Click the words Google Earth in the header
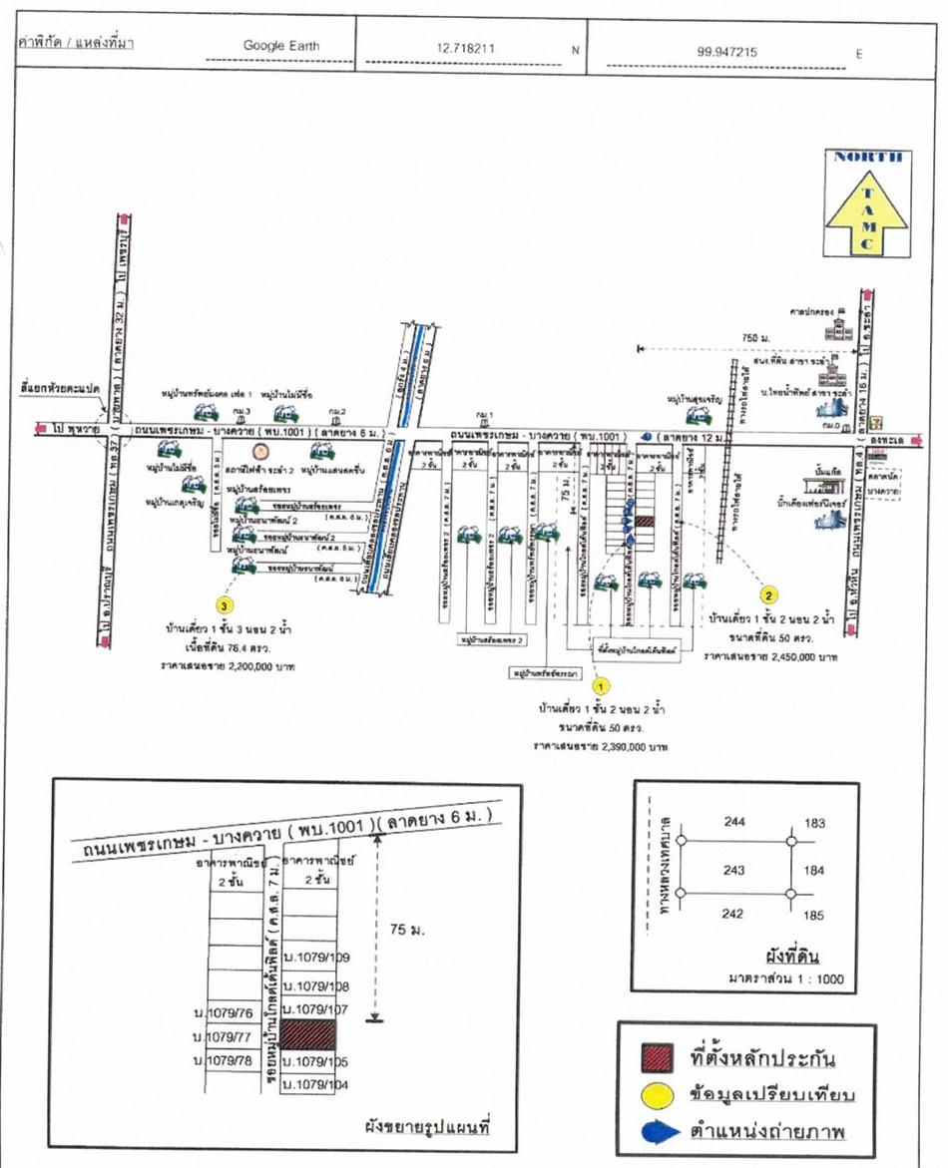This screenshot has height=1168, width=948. (x=282, y=46)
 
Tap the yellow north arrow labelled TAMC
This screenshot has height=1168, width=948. (x=869, y=204)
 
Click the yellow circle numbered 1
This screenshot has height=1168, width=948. (x=601, y=686)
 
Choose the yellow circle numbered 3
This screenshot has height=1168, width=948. (x=227, y=604)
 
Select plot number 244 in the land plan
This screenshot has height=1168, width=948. (x=733, y=822)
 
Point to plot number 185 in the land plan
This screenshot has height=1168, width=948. (x=814, y=913)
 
